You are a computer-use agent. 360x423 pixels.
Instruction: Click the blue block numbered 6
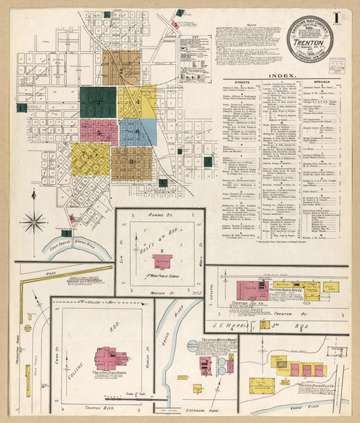(x=138, y=132)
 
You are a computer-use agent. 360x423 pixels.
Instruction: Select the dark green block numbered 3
(x=98, y=103)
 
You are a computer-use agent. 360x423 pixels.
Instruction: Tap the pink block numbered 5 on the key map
(x=99, y=133)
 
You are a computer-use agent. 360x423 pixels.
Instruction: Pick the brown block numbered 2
(x=122, y=68)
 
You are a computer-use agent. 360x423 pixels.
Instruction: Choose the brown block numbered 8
(x=131, y=164)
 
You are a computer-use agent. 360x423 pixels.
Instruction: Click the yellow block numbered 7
(x=91, y=159)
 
